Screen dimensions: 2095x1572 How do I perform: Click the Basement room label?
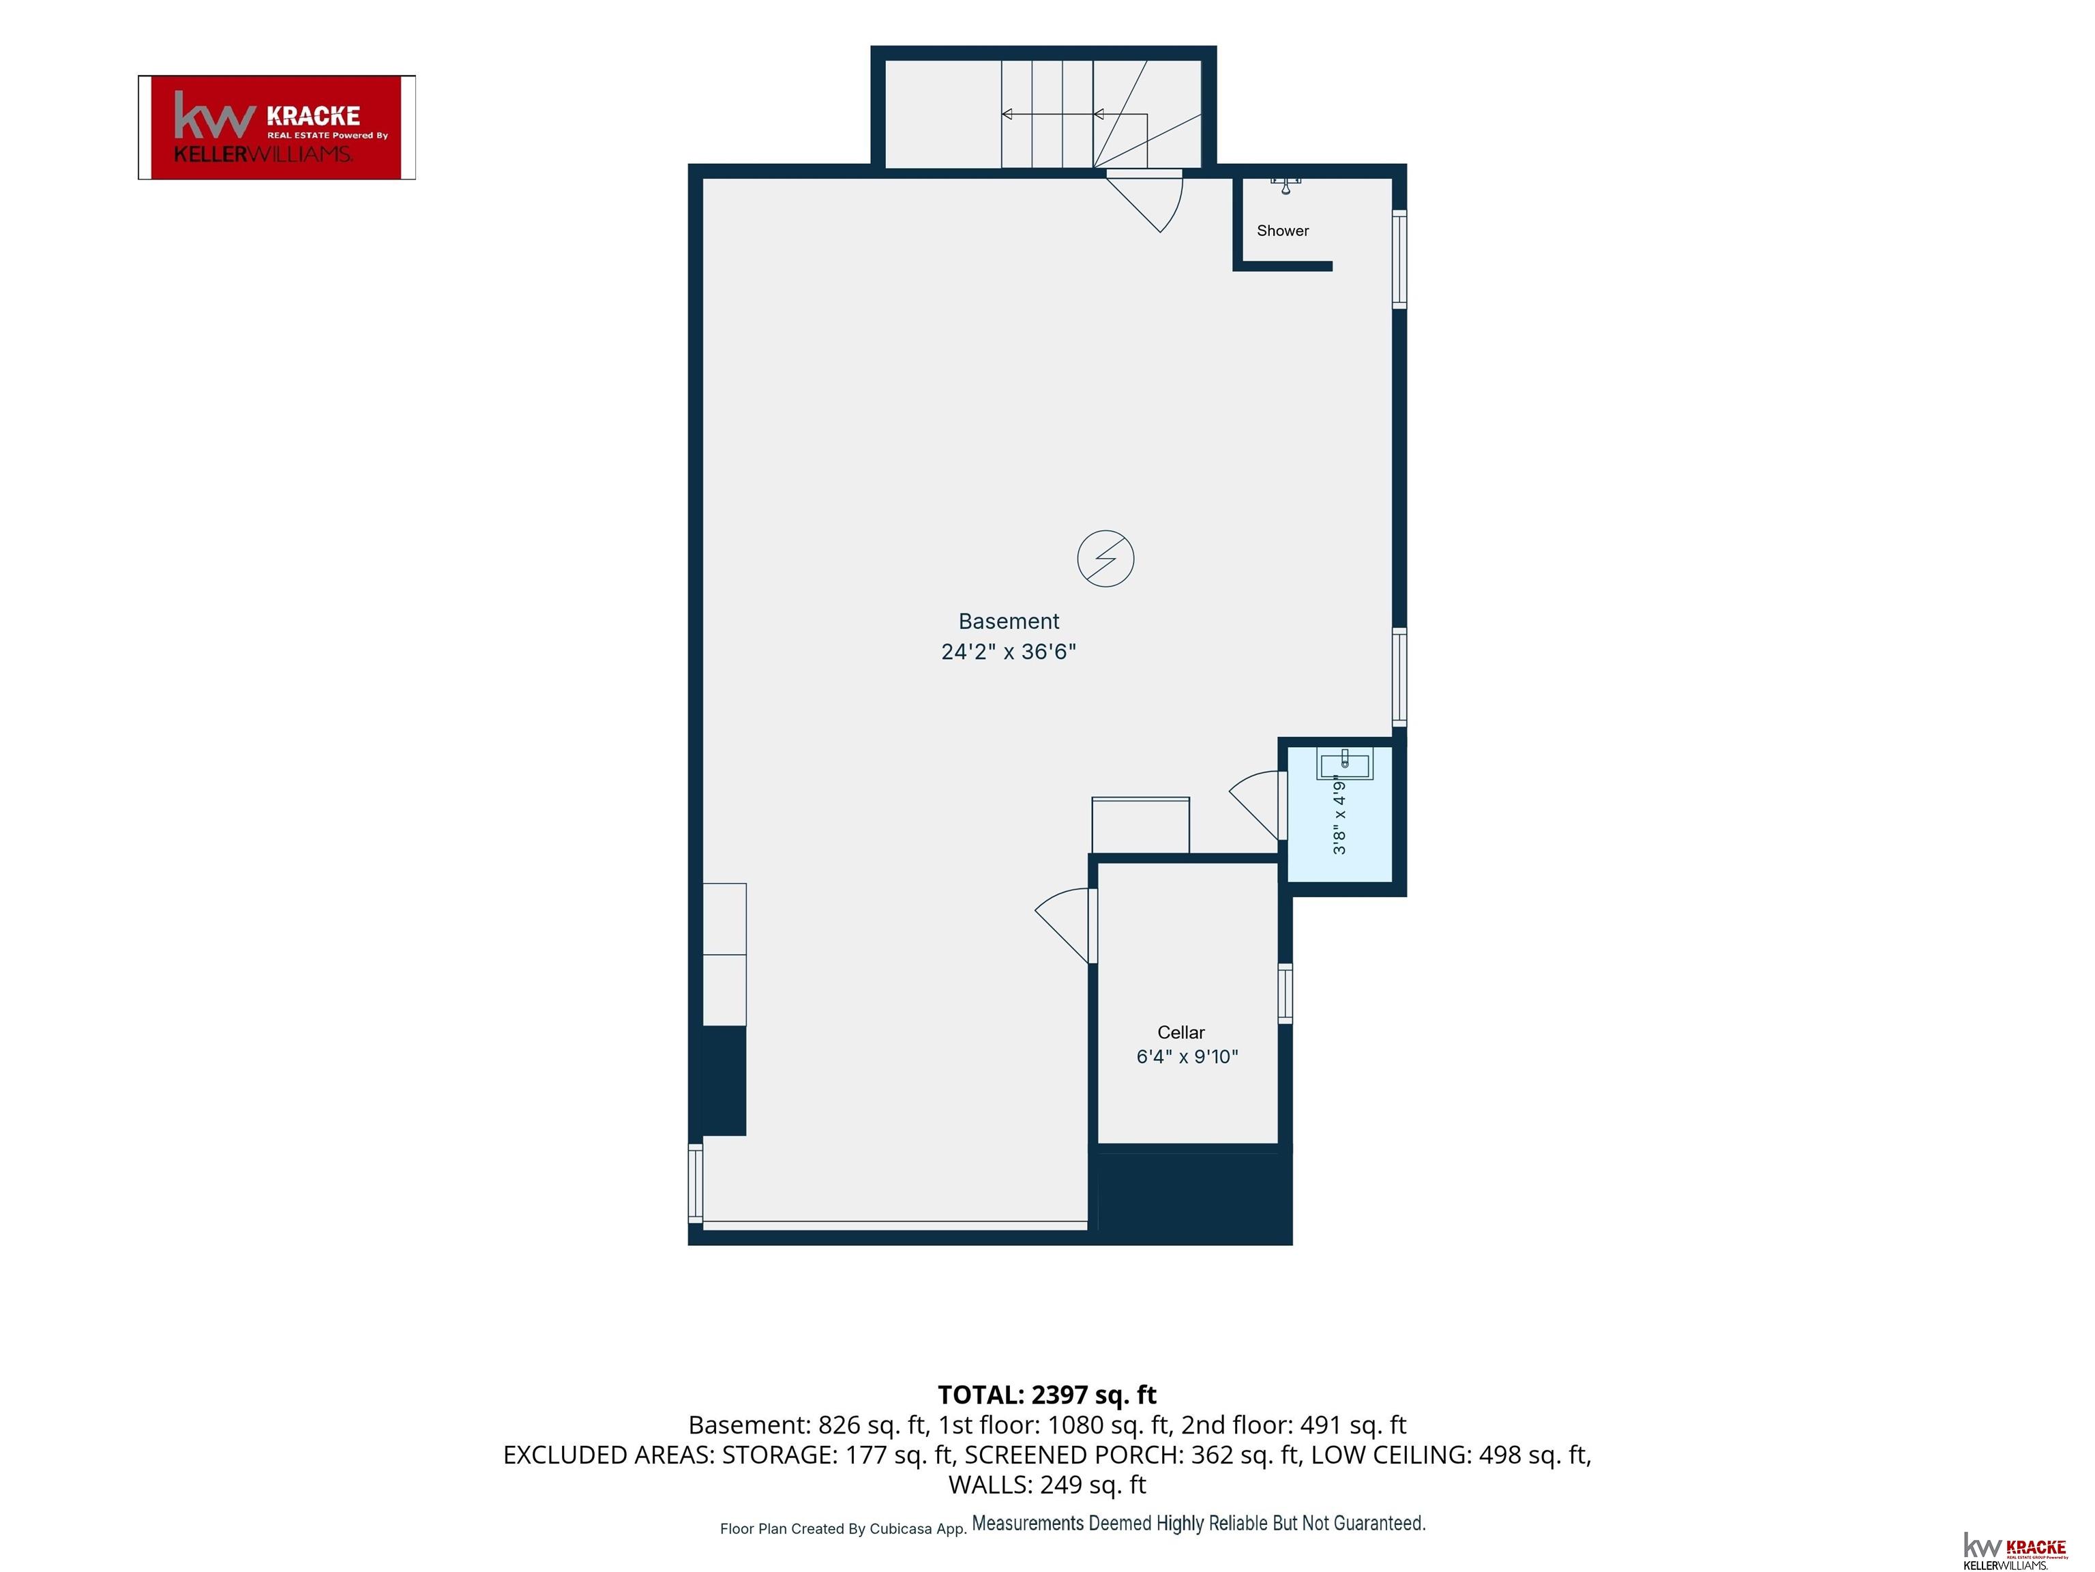[x=1009, y=622]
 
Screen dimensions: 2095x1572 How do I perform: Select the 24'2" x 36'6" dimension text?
[x=1009, y=652]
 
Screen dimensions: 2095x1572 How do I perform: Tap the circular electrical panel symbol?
[x=1105, y=558]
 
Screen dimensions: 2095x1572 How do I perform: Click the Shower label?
[x=1282, y=230]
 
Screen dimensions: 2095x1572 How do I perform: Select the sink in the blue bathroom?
[x=1344, y=763]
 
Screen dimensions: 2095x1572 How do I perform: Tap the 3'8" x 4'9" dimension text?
[x=1339, y=815]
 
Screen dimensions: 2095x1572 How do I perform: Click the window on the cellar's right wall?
[x=1286, y=993]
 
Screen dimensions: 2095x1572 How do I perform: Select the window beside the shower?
[x=1399, y=259]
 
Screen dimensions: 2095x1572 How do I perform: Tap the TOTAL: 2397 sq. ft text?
[x=1047, y=1395]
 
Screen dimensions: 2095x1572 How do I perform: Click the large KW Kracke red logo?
[x=277, y=127]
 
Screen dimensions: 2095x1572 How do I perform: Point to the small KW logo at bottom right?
[x=2015, y=1549]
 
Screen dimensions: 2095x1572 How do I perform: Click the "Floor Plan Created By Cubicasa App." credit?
[x=843, y=1528]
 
